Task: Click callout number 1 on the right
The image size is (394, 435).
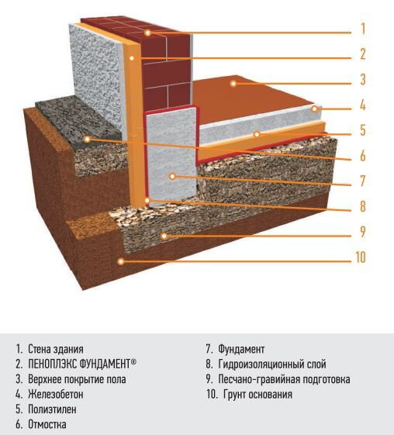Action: coord(363,29)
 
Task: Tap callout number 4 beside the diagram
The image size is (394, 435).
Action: coord(363,105)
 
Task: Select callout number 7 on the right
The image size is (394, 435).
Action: coord(363,181)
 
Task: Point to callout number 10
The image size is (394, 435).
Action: coord(361,257)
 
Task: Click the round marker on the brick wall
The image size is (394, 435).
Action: coord(147,33)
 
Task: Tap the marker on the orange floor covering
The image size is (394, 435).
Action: coord(233,83)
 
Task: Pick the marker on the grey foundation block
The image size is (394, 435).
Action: coord(172,176)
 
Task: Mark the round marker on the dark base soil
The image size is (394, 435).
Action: coord(120,261)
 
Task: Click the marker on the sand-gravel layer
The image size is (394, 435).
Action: coord(164,236)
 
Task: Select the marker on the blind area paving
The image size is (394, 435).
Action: coord(87,139)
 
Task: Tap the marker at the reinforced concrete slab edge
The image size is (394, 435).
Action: coord(314,109)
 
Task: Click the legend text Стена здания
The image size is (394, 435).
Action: coord(56,349)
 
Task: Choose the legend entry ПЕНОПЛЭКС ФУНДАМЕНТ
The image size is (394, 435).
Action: coord(82,364)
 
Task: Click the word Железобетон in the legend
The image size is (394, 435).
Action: coord(56,394)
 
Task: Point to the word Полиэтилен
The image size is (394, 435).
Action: coord(52,409)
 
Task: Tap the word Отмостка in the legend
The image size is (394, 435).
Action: coord(47,424)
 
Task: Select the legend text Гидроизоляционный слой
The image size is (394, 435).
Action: coord(272,364)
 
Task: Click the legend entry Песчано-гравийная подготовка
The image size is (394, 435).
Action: coord(284,379)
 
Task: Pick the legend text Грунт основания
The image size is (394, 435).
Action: coord(257,394)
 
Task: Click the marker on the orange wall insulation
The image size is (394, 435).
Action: coord(132,58)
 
